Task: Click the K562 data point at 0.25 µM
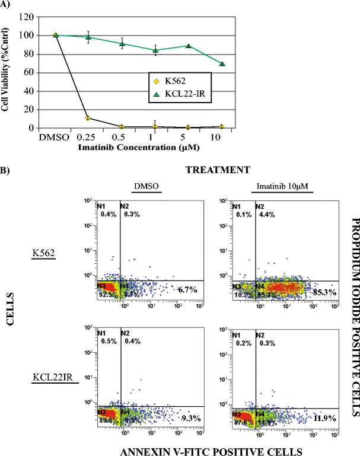point(88,118)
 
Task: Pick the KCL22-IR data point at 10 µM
point(221,63)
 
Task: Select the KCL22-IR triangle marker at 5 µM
point(188,46)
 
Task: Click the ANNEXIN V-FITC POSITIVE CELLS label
point(211,450)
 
